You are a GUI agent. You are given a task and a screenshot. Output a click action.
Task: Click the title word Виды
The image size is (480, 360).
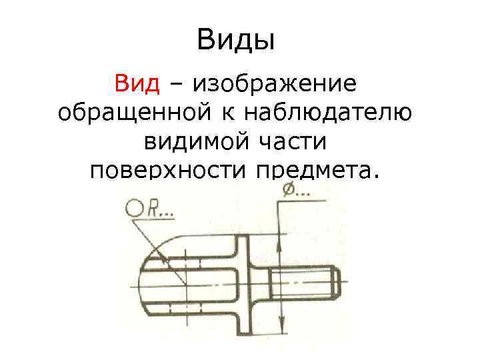tap(236, 41)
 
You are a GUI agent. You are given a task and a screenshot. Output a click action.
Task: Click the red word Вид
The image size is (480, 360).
tap(137, 85)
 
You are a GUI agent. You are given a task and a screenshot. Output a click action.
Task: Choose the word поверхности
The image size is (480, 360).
tap(167, 171)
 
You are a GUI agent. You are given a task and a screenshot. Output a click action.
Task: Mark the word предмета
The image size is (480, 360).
tap(316, 171)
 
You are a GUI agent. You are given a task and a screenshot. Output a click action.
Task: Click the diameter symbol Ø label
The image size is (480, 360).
tap(289, 191)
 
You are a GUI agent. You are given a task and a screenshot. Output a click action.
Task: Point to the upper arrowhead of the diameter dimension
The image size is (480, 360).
tap(281, 245)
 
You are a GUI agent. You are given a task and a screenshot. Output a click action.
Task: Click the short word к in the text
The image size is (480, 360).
tap(227, 113)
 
